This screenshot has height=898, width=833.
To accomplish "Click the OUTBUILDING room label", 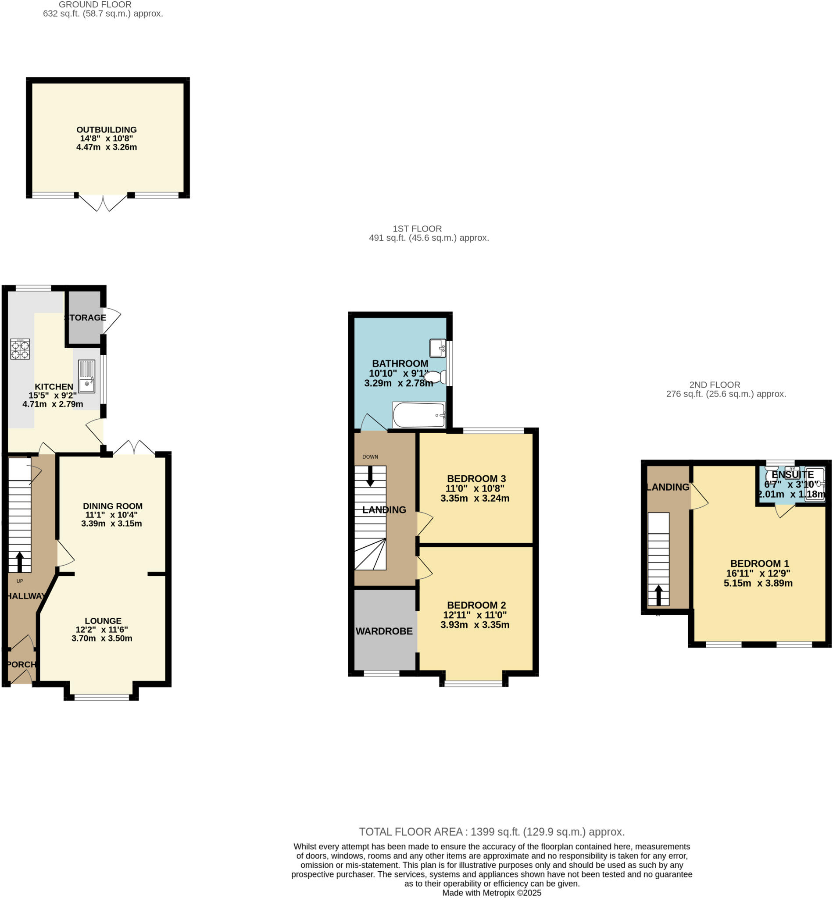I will tap(107, 130).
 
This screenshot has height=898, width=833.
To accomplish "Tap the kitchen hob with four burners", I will tap(20, 349).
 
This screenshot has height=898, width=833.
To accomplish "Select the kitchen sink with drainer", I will tap(86, 376).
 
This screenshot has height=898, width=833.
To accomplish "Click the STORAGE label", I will tap(86, 317).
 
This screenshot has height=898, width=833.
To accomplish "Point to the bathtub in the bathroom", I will tap(418, 414).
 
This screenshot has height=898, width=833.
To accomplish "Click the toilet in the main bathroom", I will tap(435, 377).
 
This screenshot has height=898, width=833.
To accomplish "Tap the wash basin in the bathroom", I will tap(437, 348).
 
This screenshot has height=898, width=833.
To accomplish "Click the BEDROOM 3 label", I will tap(476, 478).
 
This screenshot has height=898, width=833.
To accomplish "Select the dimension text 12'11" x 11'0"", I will tap(475, 615).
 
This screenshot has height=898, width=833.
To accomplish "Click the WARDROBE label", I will tap(384, 631).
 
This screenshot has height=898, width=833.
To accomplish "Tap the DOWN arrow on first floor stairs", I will tap(370, 476).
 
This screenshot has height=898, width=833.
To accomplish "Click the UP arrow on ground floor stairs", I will tap(20, 562).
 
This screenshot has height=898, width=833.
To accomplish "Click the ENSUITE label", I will tap(793, 474).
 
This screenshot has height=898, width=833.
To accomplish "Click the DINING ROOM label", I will tap(113, 506).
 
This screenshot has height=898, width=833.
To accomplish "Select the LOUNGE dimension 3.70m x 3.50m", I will tap(102, 638).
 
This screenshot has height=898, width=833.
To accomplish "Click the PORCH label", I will tap(21, 664).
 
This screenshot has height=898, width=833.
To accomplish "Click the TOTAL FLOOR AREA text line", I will tap(491, 832).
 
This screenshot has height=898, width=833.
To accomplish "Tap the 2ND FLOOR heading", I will tap(715, 385).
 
